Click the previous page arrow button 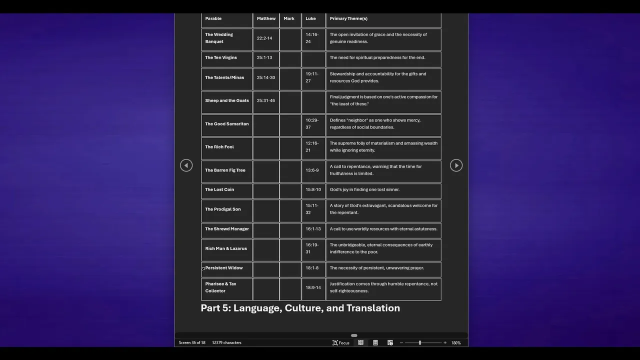coord(186,165)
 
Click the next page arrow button coord(456,165)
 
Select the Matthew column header coord(266,18)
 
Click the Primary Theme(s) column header coord(348,18)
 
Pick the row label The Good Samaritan coord(226,124)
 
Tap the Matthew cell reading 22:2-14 coord(264,38)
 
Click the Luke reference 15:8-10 coord(313,189)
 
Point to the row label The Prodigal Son coord(222,209)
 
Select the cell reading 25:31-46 coord(265,100)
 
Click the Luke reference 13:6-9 coord(312,170)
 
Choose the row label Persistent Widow coord(223,268)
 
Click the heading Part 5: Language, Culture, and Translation coord(300,308)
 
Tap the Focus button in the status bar coord(341,342)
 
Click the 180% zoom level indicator coord(455,342)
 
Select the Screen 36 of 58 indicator coord(192,342)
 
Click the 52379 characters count coord(226,342)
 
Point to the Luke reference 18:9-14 coord(313,287)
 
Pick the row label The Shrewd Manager coord(226,229)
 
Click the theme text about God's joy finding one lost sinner coord(364,189)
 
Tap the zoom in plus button coord(445,342)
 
